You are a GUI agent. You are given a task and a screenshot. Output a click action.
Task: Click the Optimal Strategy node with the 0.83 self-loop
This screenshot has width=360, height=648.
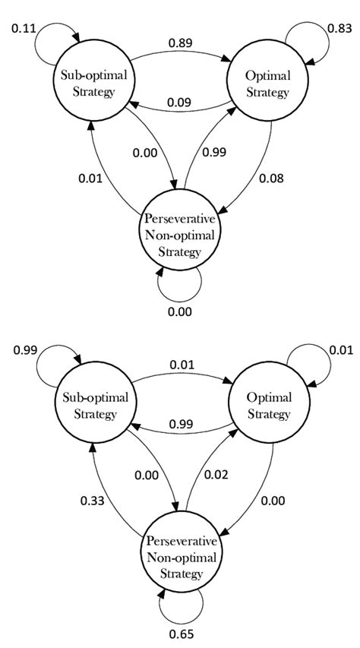pos(267,86)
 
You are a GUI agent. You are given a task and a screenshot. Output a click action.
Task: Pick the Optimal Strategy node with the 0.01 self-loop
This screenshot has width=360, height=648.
pos(267,408)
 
